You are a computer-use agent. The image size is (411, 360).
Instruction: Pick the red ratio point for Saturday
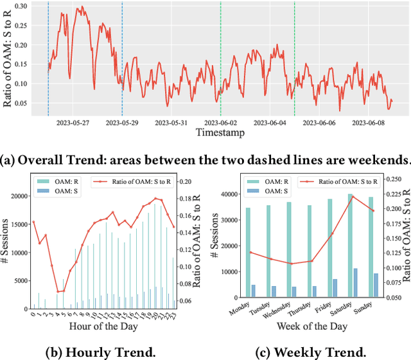[x=353, y=197]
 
